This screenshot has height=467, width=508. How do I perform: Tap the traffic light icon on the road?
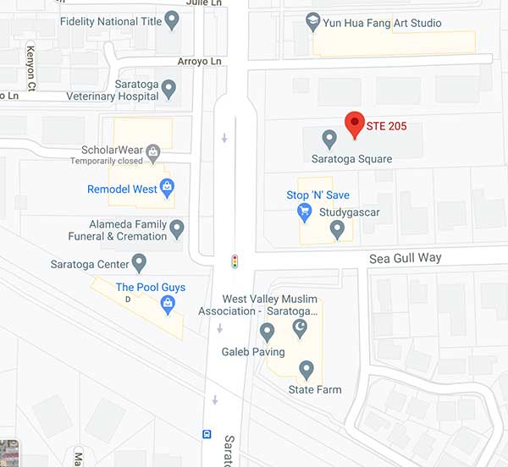235,261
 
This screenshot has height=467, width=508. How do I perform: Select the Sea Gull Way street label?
405,258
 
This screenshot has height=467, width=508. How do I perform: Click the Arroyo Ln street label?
198,62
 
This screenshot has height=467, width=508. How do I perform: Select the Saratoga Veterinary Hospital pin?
168,87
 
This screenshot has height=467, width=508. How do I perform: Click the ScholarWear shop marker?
153,152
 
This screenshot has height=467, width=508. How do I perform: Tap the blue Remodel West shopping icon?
168,187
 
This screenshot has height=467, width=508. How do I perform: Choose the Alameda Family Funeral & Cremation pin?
177,228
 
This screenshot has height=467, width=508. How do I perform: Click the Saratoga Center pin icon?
139,262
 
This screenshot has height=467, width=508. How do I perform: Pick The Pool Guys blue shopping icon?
168,303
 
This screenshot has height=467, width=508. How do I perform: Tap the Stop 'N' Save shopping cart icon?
305,212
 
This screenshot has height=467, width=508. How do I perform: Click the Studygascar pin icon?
337,228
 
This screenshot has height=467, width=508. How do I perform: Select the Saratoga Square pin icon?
329,138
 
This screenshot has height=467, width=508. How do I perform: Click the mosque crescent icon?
299,327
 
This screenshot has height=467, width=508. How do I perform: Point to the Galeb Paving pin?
268,331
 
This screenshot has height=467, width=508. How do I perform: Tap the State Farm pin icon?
306,369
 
